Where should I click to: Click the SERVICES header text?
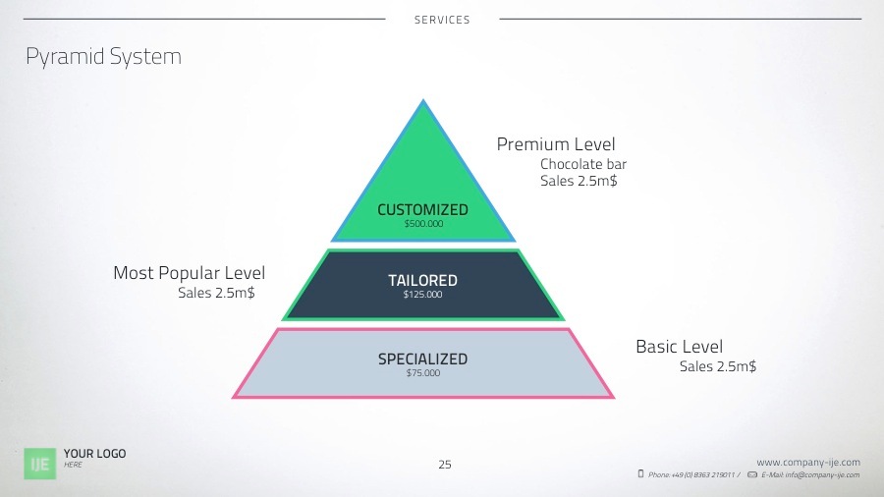click(442, 20)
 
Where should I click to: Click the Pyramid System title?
click(103, 57)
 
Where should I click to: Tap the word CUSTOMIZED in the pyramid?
click(422, 210)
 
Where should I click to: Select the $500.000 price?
click(423, 224)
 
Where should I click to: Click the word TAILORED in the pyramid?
click(422, 281)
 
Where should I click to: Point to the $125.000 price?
click(422, 295)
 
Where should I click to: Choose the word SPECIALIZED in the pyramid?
click(422, 359)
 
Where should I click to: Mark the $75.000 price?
click(423, 373)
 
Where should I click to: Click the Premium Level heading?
click(556, 145)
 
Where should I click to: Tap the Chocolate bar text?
click(583, 165)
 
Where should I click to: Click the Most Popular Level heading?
click(189, 273)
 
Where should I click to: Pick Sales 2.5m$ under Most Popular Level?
click(216, 293)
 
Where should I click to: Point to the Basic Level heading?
click(679, 347)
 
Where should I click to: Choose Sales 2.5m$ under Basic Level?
click(718, 366)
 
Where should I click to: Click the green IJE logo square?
click(41, 463)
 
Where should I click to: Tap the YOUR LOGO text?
click(94, 454)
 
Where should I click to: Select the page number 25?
click(445, 465)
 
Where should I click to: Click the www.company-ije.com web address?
click(808, 462)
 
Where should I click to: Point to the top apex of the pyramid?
click(423, 100)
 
